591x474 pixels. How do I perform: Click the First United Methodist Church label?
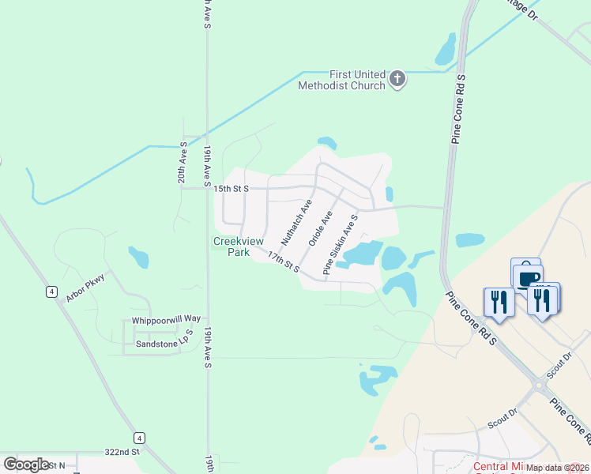[341, 80]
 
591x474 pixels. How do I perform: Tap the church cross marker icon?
[397, 79]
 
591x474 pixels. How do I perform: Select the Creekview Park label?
[232, 247]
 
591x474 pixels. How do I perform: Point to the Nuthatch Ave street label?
[294, 222]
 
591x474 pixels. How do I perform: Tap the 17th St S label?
[283, 262]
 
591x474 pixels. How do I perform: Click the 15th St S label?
[232, 189]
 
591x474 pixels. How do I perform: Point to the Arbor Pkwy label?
[86, 289]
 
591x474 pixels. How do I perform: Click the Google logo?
[26, 465]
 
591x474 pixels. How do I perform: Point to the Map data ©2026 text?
[558, 468]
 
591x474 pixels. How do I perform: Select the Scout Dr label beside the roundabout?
[559, 363]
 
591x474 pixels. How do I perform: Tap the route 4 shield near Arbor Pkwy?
[51, 292]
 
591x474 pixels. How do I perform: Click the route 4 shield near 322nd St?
[139, 438]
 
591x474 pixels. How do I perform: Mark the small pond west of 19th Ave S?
[138, 257]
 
